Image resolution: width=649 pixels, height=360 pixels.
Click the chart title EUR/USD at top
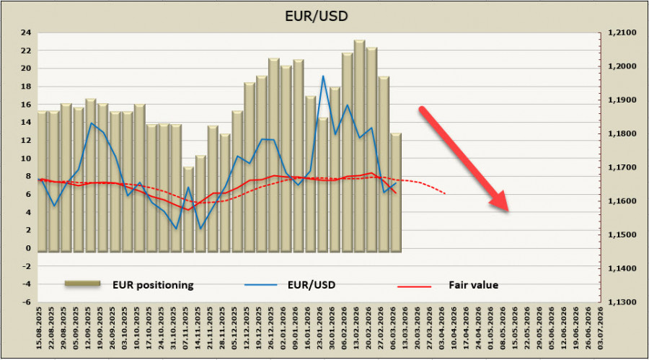click(x=324, y=14)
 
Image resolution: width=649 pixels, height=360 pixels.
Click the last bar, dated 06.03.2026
click(x=396, y=191)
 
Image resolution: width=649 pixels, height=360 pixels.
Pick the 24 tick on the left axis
click(x=25, y=32)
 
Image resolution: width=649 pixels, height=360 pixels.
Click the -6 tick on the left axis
click(x=25, y=303)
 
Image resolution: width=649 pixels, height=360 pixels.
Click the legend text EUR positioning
click(x=152, y=285)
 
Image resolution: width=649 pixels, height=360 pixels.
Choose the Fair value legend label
click(x=474, y=285)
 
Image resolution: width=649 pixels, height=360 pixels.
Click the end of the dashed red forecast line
click(x=445, y=193)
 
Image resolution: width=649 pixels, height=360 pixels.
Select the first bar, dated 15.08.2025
click(x=42, y=180)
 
